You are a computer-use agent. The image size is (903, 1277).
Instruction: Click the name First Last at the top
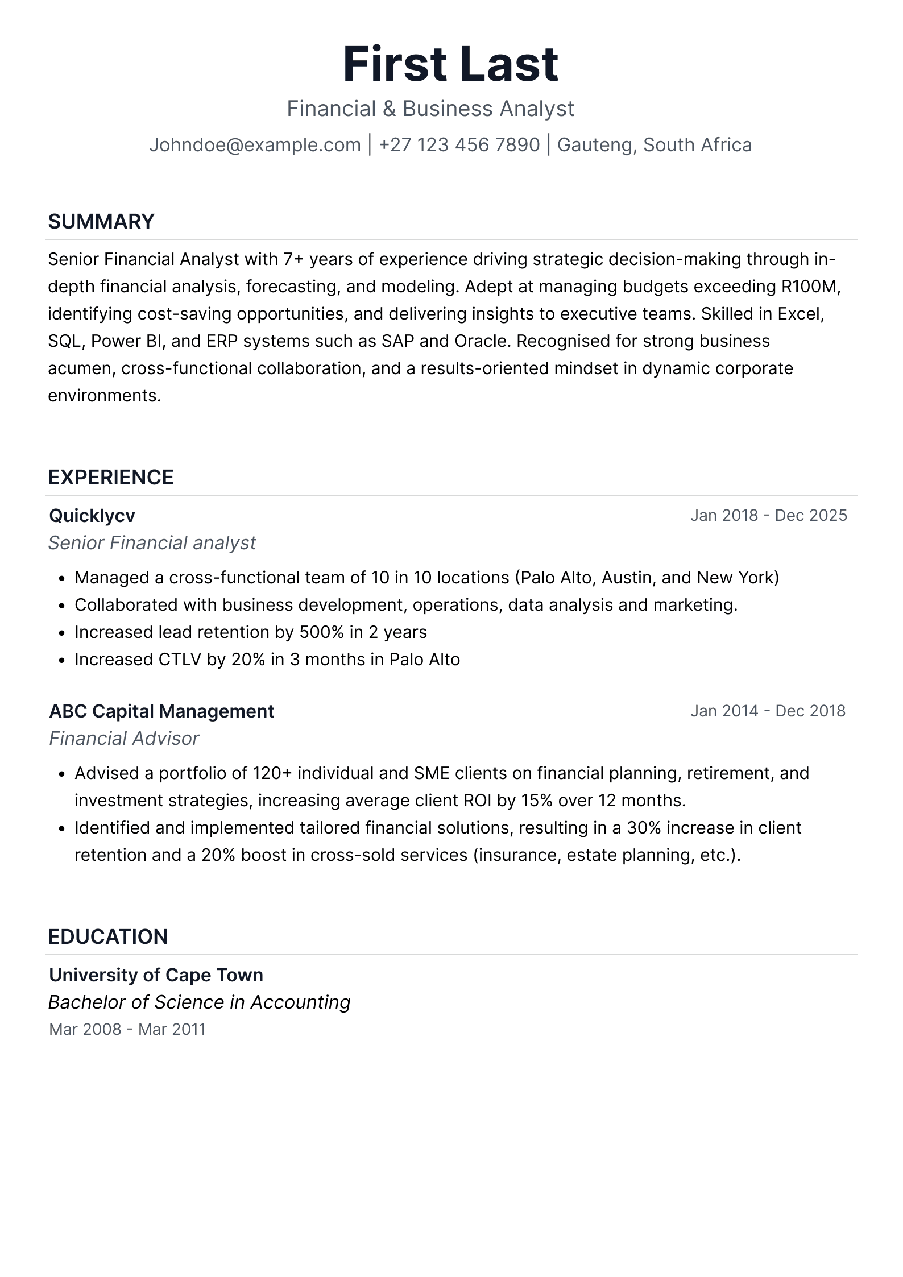pos(451,64)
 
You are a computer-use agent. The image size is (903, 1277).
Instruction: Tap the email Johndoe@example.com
pos(255,145)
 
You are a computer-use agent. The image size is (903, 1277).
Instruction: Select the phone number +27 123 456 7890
pos(459,145)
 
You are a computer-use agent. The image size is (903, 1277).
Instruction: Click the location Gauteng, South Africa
pos(654,145)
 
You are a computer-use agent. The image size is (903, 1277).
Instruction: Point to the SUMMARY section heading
pos(101,222)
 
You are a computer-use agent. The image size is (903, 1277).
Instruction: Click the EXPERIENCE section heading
pos(111,478)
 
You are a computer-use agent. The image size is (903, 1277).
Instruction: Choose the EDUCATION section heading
pos(108,937)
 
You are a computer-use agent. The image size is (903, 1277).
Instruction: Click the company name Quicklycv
pos(92,516)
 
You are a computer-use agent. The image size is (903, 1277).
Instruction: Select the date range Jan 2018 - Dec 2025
pos(768,516)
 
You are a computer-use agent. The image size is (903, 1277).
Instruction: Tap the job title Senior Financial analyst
pos(152,543)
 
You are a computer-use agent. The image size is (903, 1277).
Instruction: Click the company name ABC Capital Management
pos(161,711)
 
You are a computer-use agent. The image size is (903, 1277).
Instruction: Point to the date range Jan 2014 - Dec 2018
pos(768,711)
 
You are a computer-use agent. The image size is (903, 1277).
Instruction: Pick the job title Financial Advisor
pos(124,739)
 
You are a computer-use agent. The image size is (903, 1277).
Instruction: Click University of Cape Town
pos(156,975)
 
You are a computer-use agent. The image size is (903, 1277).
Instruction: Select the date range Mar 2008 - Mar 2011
pos(127,1030)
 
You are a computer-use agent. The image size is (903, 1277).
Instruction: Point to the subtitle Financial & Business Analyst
pos(430,109)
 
